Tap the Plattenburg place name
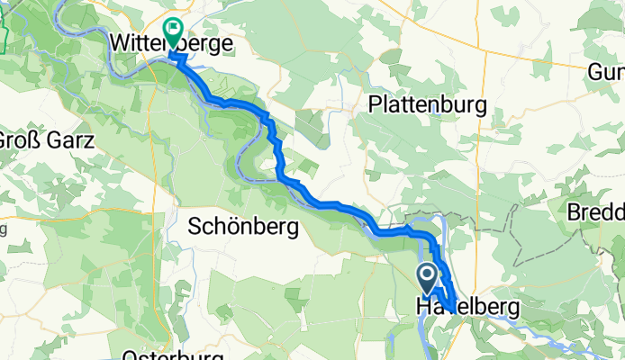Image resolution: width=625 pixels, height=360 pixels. pyautogui.click(x=428, y=104)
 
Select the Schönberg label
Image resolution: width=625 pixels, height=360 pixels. pyautogui.click(x=244, y=229)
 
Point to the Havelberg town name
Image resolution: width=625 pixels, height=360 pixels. pyautogui.click(x=466, y=308)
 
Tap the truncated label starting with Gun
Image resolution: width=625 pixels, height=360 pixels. pyautogui.click(x=607, y=71)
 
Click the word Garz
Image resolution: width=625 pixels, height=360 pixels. pyautogui.click(x=70, y=140)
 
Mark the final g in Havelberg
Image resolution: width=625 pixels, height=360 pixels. pyautogui.click(x=513, y=310)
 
